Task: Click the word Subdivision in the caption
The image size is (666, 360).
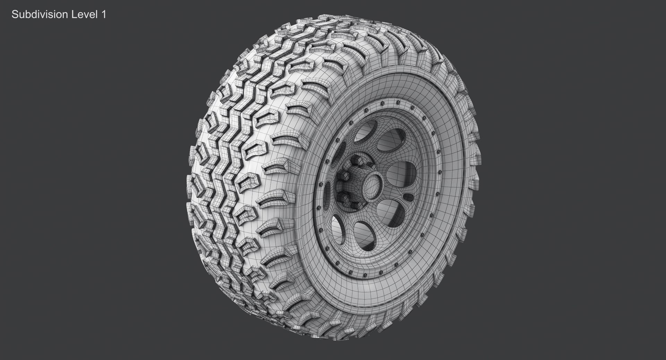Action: [39, 15]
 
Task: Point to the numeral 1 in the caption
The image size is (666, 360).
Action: [103, 15]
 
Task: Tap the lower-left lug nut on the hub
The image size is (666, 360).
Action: [344, 198]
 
